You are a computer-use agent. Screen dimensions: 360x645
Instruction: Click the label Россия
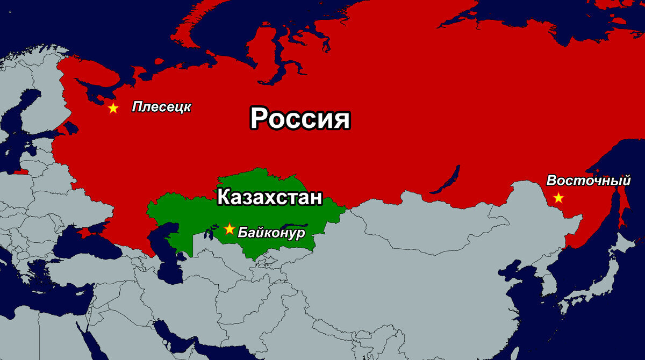(300, 118)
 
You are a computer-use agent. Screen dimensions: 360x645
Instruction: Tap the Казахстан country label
(269, 197)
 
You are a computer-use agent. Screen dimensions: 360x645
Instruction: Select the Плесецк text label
(161, 107)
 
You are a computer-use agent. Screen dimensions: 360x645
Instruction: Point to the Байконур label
(271, 233)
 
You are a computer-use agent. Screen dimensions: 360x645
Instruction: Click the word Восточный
(589, 181)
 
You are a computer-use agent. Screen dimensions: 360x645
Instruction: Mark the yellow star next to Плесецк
(113, 108)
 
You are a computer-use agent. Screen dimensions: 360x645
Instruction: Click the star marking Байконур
(230, 229)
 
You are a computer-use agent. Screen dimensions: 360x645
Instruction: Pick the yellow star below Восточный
(558, 198)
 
